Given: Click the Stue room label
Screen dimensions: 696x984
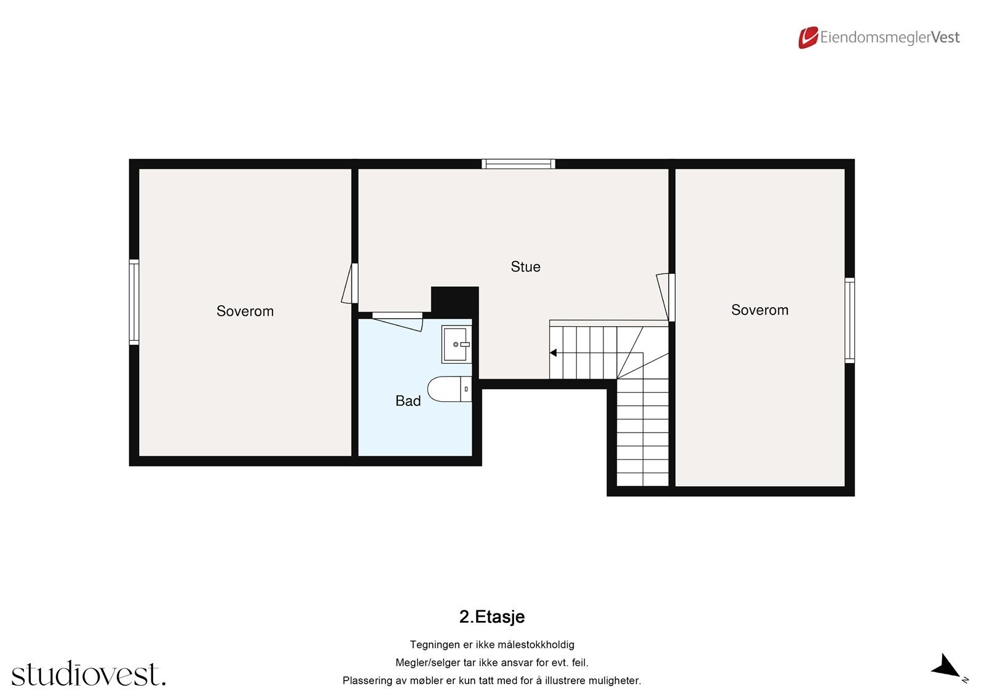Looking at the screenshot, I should pyautogui.click(x=525, y=266).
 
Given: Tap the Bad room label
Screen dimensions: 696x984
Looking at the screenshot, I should pyautogui.click(x=408, y=401).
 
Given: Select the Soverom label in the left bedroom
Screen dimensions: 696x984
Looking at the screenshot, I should pyautogui.click(x=245, y=311).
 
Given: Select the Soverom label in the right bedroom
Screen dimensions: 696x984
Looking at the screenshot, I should pyautogui.click(x=760, y=310).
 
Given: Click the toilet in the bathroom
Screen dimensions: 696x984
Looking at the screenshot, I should pyautogui.click(x=449, y=389).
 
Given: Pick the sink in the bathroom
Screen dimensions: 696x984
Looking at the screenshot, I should pyautogui.click(x=456, y=345).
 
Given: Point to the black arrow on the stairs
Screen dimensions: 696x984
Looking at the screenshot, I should pyautogui.click(x=553, y=353).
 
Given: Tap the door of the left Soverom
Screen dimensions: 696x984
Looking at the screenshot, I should pyautogui.click(x=351, y=284).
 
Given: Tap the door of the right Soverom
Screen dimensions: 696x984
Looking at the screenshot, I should pyautogui.click(x=665, y=297).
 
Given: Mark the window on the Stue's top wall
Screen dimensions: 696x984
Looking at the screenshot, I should pyautogui.click(x=518, y=164).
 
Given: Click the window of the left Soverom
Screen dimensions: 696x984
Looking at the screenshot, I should pyautogui.click(x=133, y=302).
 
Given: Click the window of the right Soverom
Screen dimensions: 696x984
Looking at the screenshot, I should pyautogui.click(x=849, y=320).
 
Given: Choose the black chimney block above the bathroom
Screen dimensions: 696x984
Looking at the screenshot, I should pyautogui.click(x=454, y=300).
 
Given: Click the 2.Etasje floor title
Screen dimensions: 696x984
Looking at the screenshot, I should pyautogui.click(x=491, y=617).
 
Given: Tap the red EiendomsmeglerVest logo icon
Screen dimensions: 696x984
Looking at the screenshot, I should pyautogui.click(x=807, y=38).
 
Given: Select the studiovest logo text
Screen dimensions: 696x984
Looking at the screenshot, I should pyautogui.click(x=88, y=674).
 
